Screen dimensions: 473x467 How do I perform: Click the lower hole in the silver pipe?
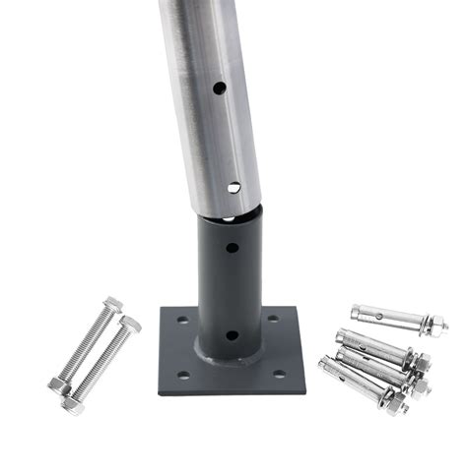click(x=233, y=187)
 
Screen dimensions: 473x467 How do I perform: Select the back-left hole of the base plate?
click(x=181, y=319)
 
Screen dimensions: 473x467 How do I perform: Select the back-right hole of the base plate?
click(x=273, y=317)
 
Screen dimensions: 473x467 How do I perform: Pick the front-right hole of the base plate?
click(x=278, y=373)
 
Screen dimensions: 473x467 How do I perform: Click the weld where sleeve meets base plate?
click(x=230, y=359)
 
